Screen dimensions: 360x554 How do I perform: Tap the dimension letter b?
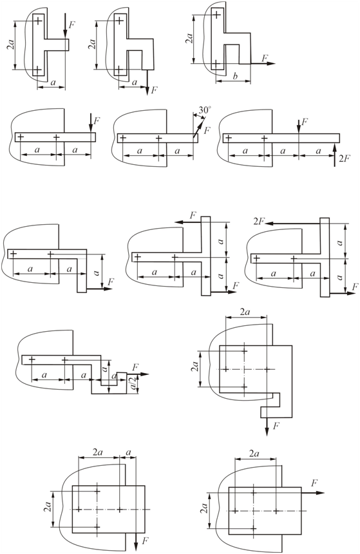(x=235, y=76)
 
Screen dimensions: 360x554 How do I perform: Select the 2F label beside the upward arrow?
(x=344, y=158)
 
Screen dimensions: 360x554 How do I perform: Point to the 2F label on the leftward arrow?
(x=259, y=221)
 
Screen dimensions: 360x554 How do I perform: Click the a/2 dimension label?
(x=133, y=383)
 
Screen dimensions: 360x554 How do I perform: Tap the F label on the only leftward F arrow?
(x=193, y=215)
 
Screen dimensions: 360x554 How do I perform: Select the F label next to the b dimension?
(x=265, y=58)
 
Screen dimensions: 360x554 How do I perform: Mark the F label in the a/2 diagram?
(x=135, y=367)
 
